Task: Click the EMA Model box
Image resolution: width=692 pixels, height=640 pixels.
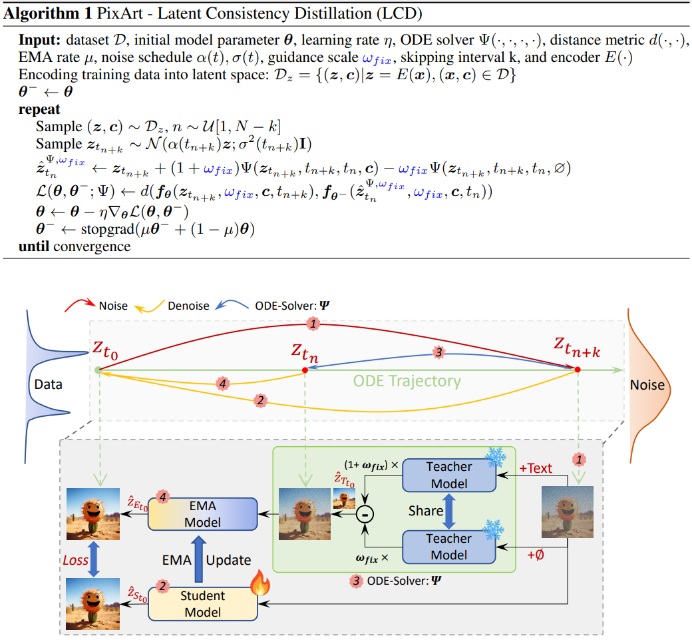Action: point(202,514)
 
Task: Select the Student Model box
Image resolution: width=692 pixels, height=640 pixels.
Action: point(202,603)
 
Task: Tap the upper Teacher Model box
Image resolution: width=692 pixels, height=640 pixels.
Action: point(448,475)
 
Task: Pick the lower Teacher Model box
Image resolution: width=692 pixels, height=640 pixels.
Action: point(448,546)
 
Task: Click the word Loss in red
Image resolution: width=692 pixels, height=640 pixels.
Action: point(75,560)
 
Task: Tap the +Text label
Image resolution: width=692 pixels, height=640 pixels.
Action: point(536,468)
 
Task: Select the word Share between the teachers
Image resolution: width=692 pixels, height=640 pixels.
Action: point(425,510)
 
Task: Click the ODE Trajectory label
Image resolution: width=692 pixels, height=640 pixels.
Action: point(407,382)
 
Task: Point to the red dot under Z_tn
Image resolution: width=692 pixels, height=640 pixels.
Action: point(305,370)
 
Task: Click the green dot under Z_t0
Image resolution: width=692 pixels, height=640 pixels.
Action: point(98,370)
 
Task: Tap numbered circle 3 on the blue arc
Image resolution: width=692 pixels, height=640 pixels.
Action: point(438,353)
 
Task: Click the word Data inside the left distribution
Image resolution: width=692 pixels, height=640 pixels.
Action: point(48,384)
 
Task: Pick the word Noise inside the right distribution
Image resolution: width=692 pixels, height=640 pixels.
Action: point(647,385)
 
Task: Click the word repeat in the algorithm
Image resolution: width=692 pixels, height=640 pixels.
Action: point(39,109)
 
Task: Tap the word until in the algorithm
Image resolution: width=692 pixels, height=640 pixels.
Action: point(35,246)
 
